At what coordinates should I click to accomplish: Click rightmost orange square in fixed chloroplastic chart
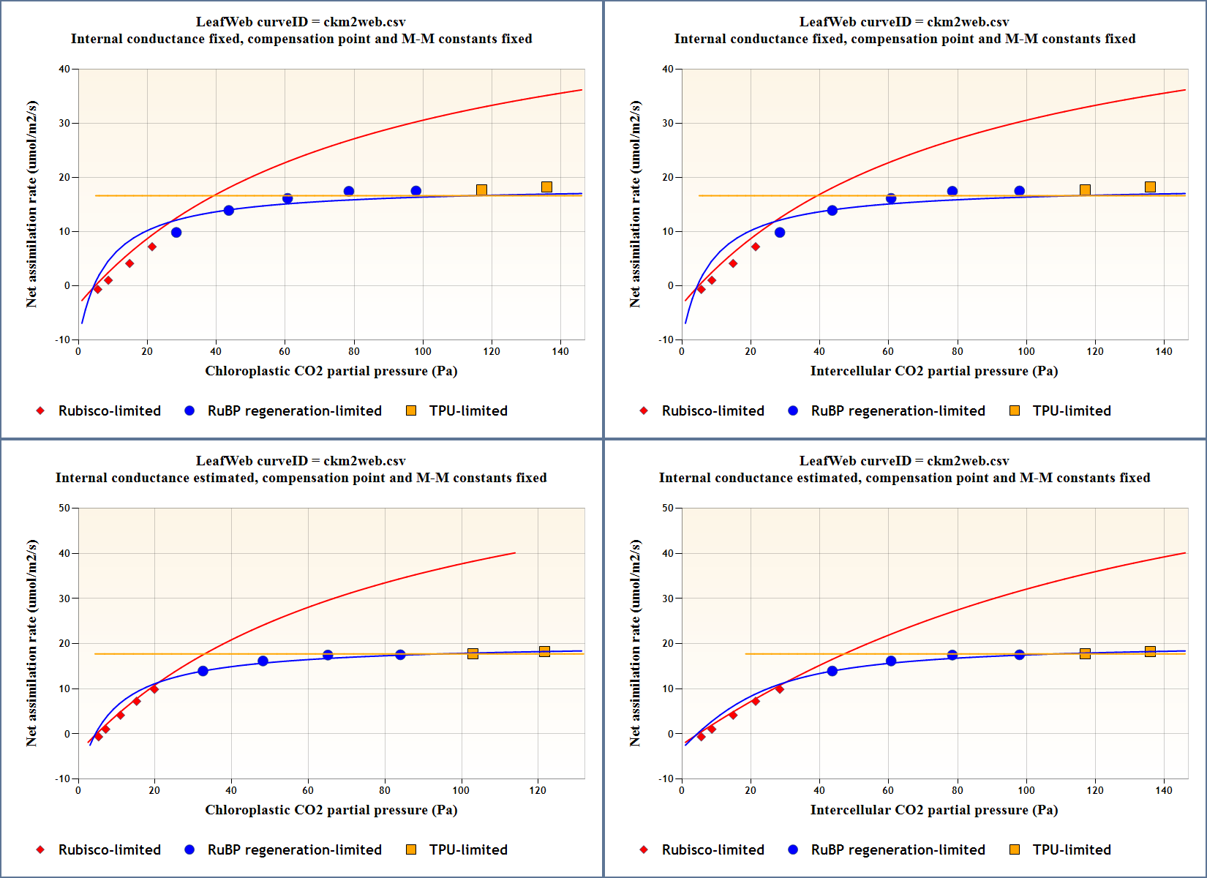click(x=546, y=187)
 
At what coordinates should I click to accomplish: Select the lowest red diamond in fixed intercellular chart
click(x=701, y=290)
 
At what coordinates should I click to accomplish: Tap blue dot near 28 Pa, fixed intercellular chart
click(x=780, y=233)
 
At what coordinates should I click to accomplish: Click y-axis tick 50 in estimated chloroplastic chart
click(x=64, y=508)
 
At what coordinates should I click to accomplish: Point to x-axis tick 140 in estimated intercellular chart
click(x=1164, y=790)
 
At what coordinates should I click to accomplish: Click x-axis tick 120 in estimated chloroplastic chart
click(x=538, y=790)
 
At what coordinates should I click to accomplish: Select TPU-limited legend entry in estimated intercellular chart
click(x=1071, y=849)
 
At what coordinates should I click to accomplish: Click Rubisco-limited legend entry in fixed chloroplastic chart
click(x=109, y=410)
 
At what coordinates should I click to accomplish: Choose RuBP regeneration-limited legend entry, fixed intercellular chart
click(x=898, y=410)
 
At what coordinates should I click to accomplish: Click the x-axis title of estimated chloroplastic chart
click(x=331, y=810)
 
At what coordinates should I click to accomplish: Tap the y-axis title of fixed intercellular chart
click(x=635, y=204)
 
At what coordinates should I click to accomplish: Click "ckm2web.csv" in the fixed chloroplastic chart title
click(x=364, y=22)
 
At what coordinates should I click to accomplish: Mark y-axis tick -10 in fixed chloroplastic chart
click(x=63, y=339)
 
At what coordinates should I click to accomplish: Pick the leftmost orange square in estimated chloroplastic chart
click(x=473, y=653)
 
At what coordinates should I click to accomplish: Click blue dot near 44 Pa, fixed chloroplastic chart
click(x=229, y=211)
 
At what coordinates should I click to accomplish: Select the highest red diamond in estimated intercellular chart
click(x=780, y=689)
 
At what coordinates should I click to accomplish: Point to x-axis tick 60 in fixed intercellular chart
click(x=888, y=351)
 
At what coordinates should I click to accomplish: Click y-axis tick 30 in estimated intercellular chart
click(x=668, y=599)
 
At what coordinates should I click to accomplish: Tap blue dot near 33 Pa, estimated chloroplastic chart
click(x=203, y=671)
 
